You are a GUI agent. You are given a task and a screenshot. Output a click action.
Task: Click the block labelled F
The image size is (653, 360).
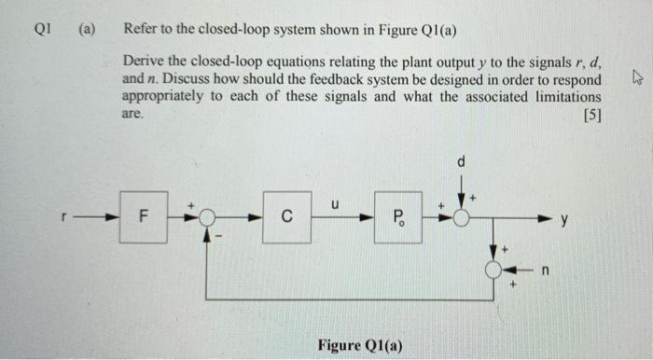(143, 218)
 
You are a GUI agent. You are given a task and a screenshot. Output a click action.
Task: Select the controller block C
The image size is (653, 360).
(286, 218)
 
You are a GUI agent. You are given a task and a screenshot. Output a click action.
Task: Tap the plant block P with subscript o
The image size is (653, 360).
(397, 218)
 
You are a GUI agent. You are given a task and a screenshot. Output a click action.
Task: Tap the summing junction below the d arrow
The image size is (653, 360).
(461, 218)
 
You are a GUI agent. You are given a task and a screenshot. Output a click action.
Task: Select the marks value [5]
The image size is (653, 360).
(590, 116)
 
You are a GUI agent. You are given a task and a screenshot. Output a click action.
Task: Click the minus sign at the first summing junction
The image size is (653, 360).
(221, 239)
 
